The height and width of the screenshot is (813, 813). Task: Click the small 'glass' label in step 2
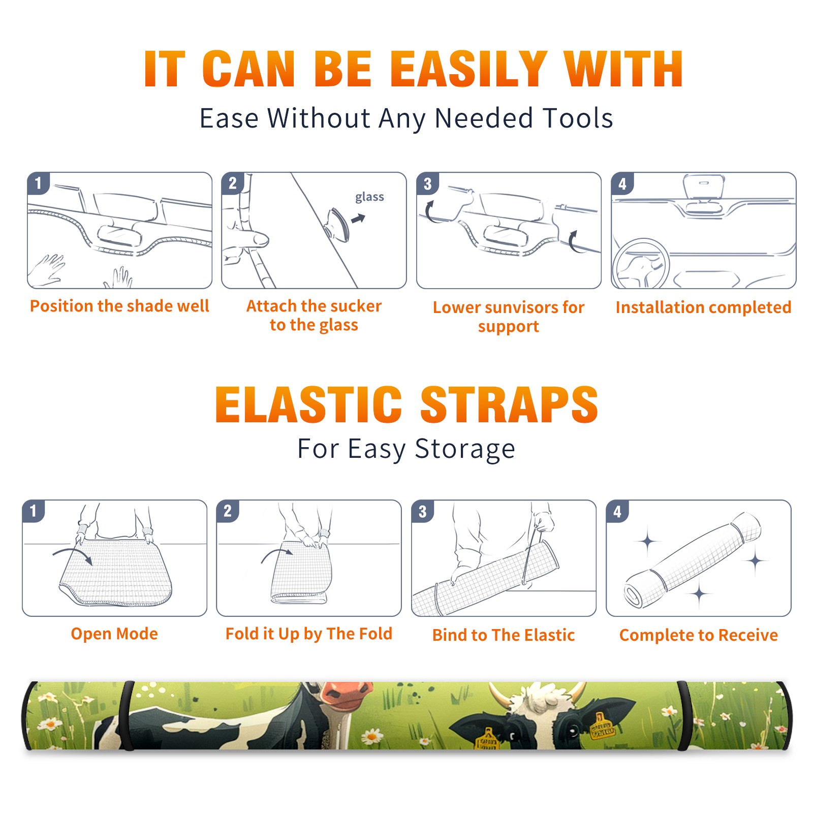[x=369, y=197]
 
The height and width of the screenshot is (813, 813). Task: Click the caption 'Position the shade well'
[x=119, y=306]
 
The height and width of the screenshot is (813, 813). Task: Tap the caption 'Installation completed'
[x=703, y=307]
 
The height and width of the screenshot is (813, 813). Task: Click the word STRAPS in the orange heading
[x=509, y=404]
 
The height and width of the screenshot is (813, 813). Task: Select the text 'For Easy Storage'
[x=406, y=449]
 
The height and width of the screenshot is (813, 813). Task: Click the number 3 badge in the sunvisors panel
[x=427, y=184]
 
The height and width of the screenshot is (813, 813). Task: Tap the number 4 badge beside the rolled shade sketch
[x=617, y=511]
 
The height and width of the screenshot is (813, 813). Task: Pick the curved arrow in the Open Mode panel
[x=73, y=555]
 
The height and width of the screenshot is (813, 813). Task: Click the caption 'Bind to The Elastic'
[x=504, y=635]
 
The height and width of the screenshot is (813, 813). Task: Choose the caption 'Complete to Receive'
[x=699, y=635]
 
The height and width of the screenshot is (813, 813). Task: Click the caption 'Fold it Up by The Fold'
[x=309, y=634]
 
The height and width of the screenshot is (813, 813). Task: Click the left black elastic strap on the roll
[x=127, y=715]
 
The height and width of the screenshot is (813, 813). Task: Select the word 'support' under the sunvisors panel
[x=508, y=327]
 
